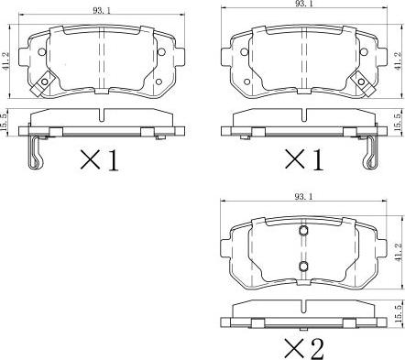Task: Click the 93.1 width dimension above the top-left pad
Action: tap(102, 11)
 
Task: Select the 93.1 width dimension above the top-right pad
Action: tap(303, 4)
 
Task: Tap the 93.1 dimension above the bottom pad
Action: tap(303, 197)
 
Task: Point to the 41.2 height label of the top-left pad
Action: tap(6, 62)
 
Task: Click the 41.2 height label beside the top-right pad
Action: tap(398, 61)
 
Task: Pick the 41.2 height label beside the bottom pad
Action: tap(398, 252)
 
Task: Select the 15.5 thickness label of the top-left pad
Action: tap(5, 123)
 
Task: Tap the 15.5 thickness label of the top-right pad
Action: tap(398, 123)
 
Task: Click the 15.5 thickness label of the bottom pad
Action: tap(398, 313)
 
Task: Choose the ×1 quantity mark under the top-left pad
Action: tap(99, 160)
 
